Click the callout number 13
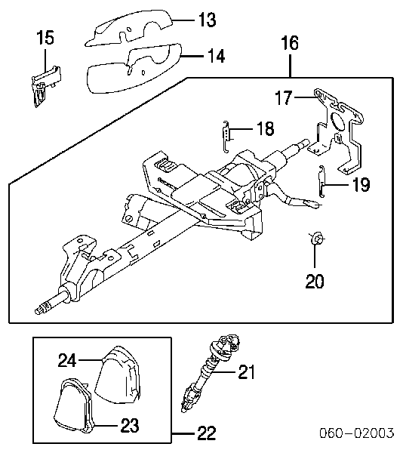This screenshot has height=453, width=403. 208,20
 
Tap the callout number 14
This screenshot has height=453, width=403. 217,56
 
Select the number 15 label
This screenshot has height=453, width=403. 45,38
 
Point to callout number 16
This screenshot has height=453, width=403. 290,43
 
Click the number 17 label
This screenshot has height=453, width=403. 284,97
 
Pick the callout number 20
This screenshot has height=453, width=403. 315,281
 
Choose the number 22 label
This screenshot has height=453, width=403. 207,433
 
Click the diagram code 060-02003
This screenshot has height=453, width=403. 357,433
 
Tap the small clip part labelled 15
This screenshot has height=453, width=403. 45,86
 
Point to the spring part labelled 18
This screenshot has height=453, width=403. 227,136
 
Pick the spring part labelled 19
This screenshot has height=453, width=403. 322,181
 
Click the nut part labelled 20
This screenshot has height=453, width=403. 317,239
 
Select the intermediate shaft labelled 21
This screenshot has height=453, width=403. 209,373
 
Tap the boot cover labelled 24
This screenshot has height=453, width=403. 118,375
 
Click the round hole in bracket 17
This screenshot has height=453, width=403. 337,121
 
